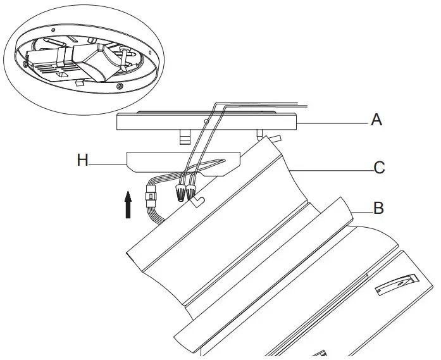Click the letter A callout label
(x=376, y=118)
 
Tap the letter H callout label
(x=83, y=160)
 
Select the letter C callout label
(x=379, y=168)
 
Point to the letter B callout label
(x=378, y=208)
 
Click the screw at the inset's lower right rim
(x=120, y=85)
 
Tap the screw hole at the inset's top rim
(x=90, y=26)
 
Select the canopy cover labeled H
(x=183, y=162)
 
